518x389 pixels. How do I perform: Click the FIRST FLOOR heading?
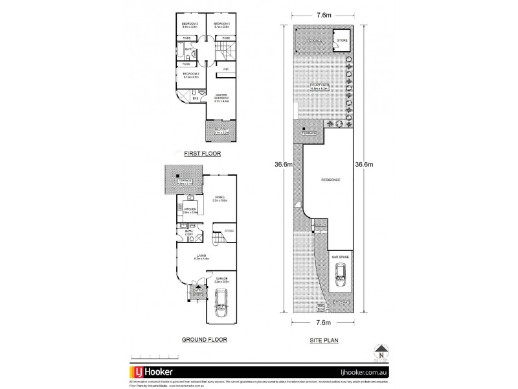pos(201,154)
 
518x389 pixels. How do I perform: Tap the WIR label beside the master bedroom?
pos(225,69)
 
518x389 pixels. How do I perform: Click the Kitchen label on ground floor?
pos(190,210)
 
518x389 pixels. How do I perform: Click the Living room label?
pos(202,257)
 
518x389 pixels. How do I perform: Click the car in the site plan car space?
pos(341,279)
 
